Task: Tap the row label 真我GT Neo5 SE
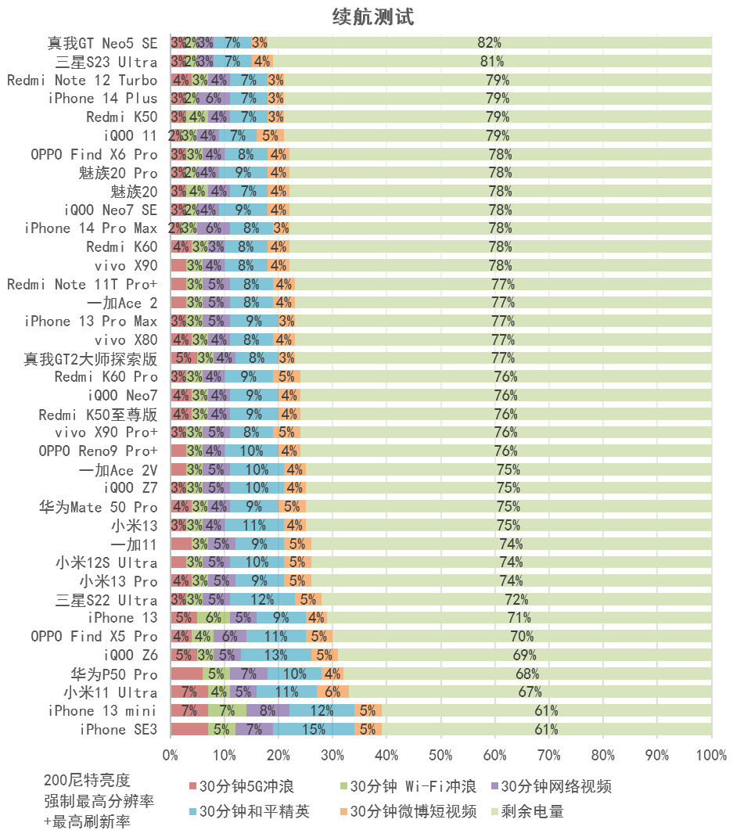102,43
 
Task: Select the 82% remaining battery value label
489,43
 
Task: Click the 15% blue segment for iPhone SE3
314,729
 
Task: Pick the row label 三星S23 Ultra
106,62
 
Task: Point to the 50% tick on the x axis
441,756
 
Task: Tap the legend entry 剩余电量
534,811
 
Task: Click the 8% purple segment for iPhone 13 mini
268,710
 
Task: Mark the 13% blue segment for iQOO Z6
275,655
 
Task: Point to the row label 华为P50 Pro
114,674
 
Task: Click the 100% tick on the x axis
711,756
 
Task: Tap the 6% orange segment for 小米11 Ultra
332,692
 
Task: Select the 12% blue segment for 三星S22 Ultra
262,600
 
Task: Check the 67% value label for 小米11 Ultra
530,692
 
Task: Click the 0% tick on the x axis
171,756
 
